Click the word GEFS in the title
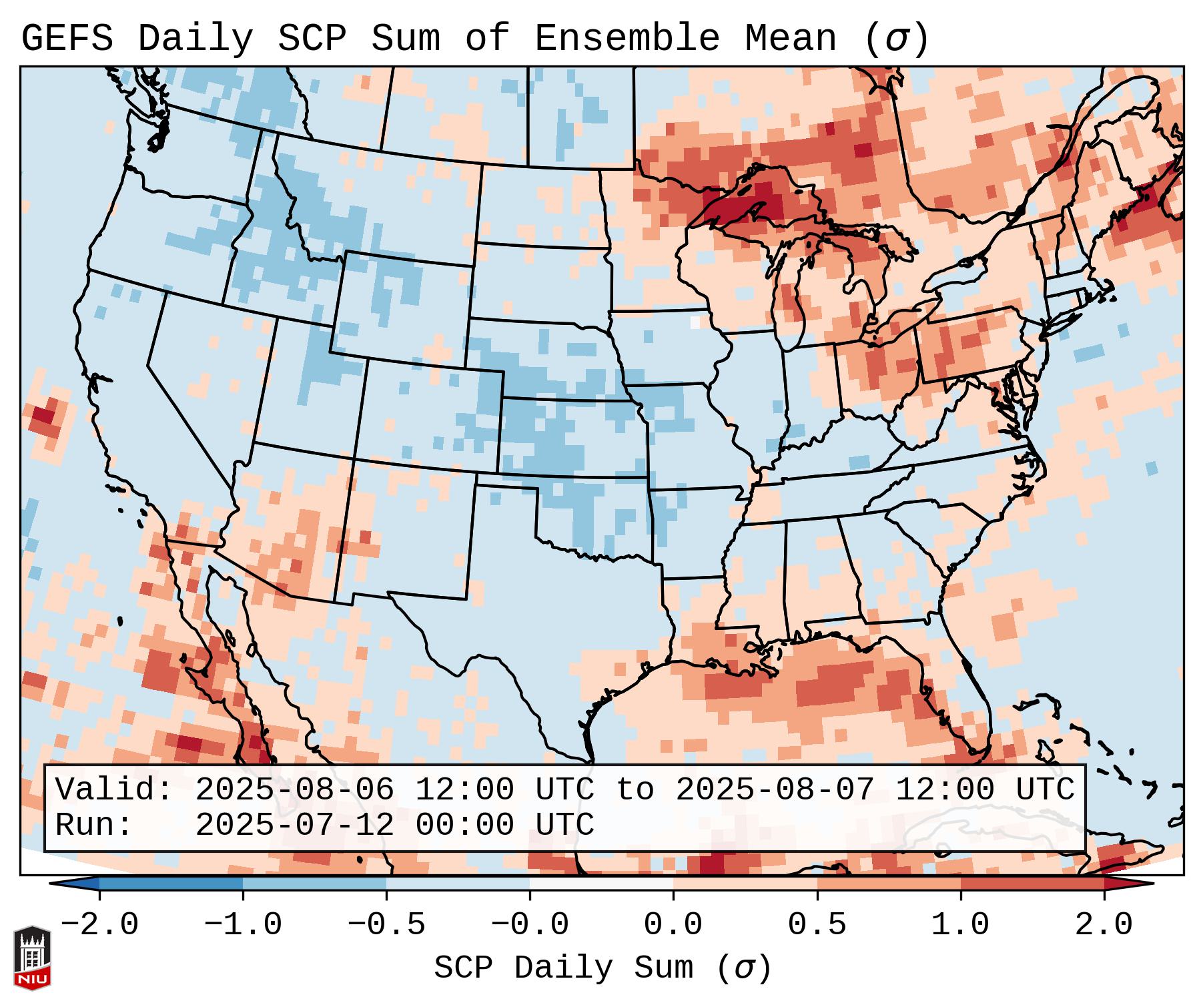click(67, 39)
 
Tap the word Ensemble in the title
click(627, 39)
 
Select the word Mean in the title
click(791, 39)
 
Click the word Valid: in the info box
click(114, 790)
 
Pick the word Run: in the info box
click(94, 825)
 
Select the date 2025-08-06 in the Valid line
click(294, 790)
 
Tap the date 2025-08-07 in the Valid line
click(775, 790)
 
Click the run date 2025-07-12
click(294, 825)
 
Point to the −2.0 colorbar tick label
click(99, 926)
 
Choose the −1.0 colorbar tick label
click(243, 926)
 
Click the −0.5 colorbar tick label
click(386, 926)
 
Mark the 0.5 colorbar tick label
click(817, 926)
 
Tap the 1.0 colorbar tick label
click(961, 926)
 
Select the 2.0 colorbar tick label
click(1104, 926)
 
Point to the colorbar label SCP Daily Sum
click(564, 968)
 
